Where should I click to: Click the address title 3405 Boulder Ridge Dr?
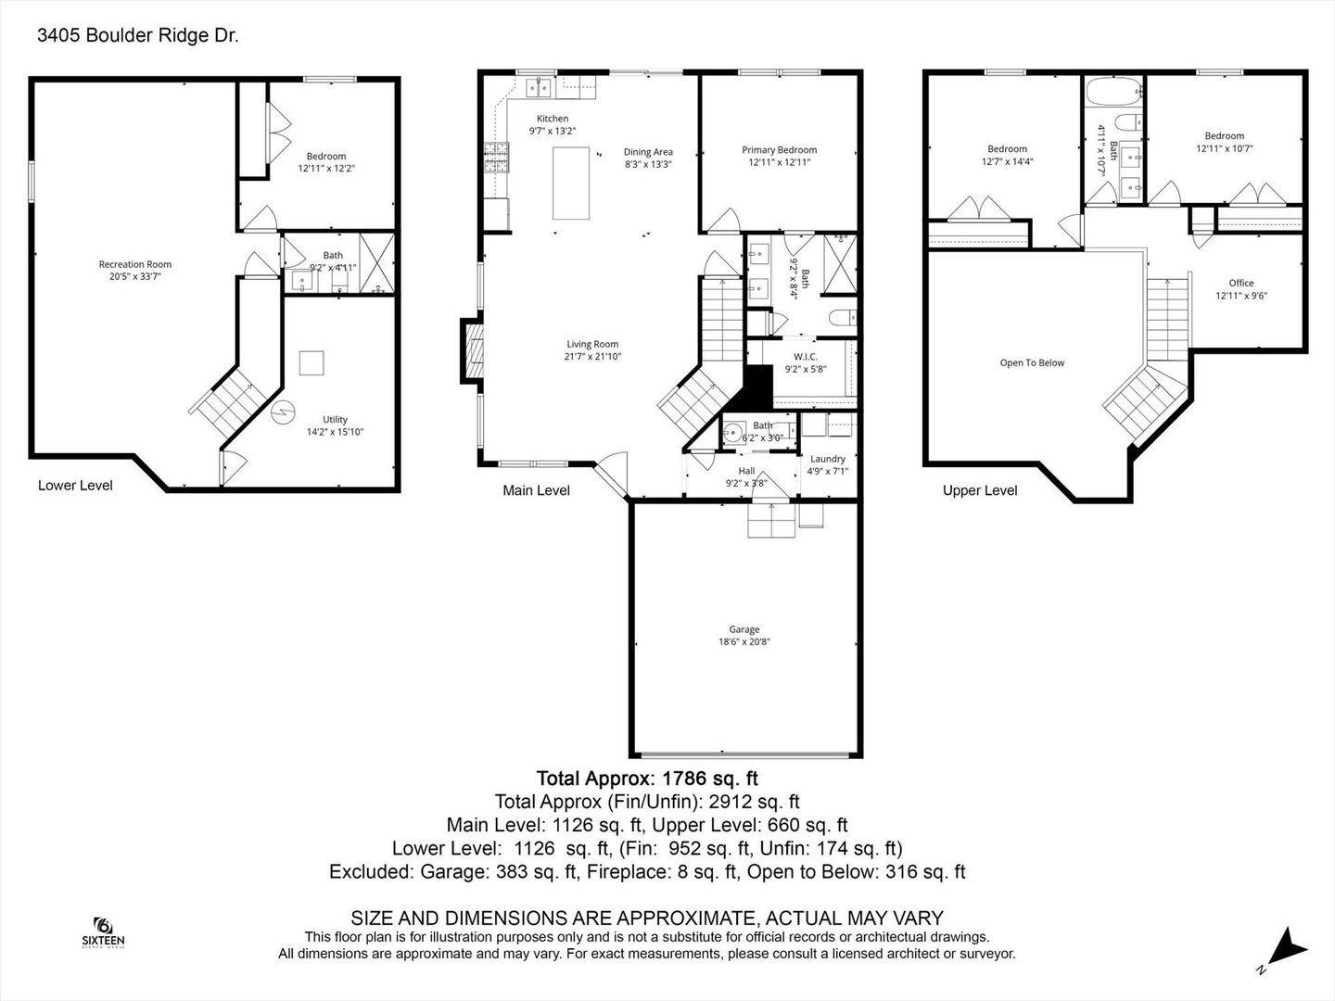point(137,36)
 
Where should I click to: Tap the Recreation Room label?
point(135,264)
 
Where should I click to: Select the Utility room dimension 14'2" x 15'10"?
point(335,432)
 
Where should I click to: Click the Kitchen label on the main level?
point(553,119)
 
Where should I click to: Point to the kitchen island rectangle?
point(571,181)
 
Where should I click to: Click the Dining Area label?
point(648,152)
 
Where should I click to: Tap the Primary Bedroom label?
point(779,150)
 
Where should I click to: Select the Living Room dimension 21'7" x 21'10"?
point(592,357)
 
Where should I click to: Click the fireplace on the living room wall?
point(472,350)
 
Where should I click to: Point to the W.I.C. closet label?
point(805,357)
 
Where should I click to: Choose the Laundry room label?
point(827,459)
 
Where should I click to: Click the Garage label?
point(744,629)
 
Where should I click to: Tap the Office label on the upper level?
point(1241,284)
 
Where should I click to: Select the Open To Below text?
point(1032,363)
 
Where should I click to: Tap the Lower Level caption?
point(75,486)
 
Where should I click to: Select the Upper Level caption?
point(979,490)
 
